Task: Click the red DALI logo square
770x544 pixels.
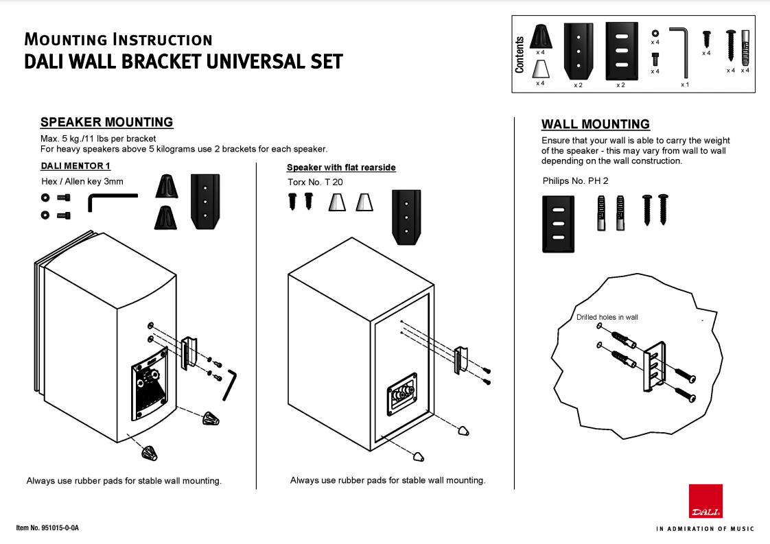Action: [705, 501]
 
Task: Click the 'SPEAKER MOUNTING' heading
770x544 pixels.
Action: [106, 122]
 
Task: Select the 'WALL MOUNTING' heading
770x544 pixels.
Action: [595, 124]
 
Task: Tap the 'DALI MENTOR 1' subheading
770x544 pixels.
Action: [75, 166]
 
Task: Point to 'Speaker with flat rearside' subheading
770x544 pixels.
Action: [341, 167]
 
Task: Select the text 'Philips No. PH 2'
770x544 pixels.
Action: [575, 181]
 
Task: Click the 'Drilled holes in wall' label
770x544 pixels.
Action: [607, 317]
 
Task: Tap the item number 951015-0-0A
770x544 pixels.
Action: [47, 528]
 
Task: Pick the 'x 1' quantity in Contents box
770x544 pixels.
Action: [684, 84]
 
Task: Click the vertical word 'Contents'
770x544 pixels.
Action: [520, 55]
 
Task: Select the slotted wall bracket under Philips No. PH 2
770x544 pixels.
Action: [558, 224]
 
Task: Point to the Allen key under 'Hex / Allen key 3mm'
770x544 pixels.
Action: [111, 202]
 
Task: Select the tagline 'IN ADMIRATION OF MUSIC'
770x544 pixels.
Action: [705, 529]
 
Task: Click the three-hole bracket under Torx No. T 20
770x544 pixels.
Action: [406, 217]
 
